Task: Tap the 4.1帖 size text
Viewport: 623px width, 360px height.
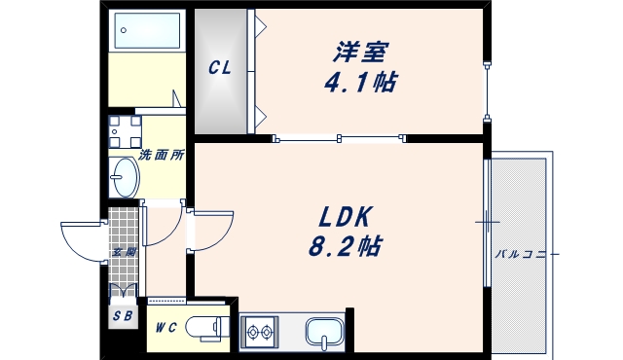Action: click(360, 81)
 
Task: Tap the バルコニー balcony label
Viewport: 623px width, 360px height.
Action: click(527, 254)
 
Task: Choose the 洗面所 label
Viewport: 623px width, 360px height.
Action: click(161, 155)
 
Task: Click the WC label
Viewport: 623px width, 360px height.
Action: click(165, 327)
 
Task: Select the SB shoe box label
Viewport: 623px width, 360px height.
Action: click(123, 316)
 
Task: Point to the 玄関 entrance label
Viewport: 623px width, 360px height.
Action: click(123, 252)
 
